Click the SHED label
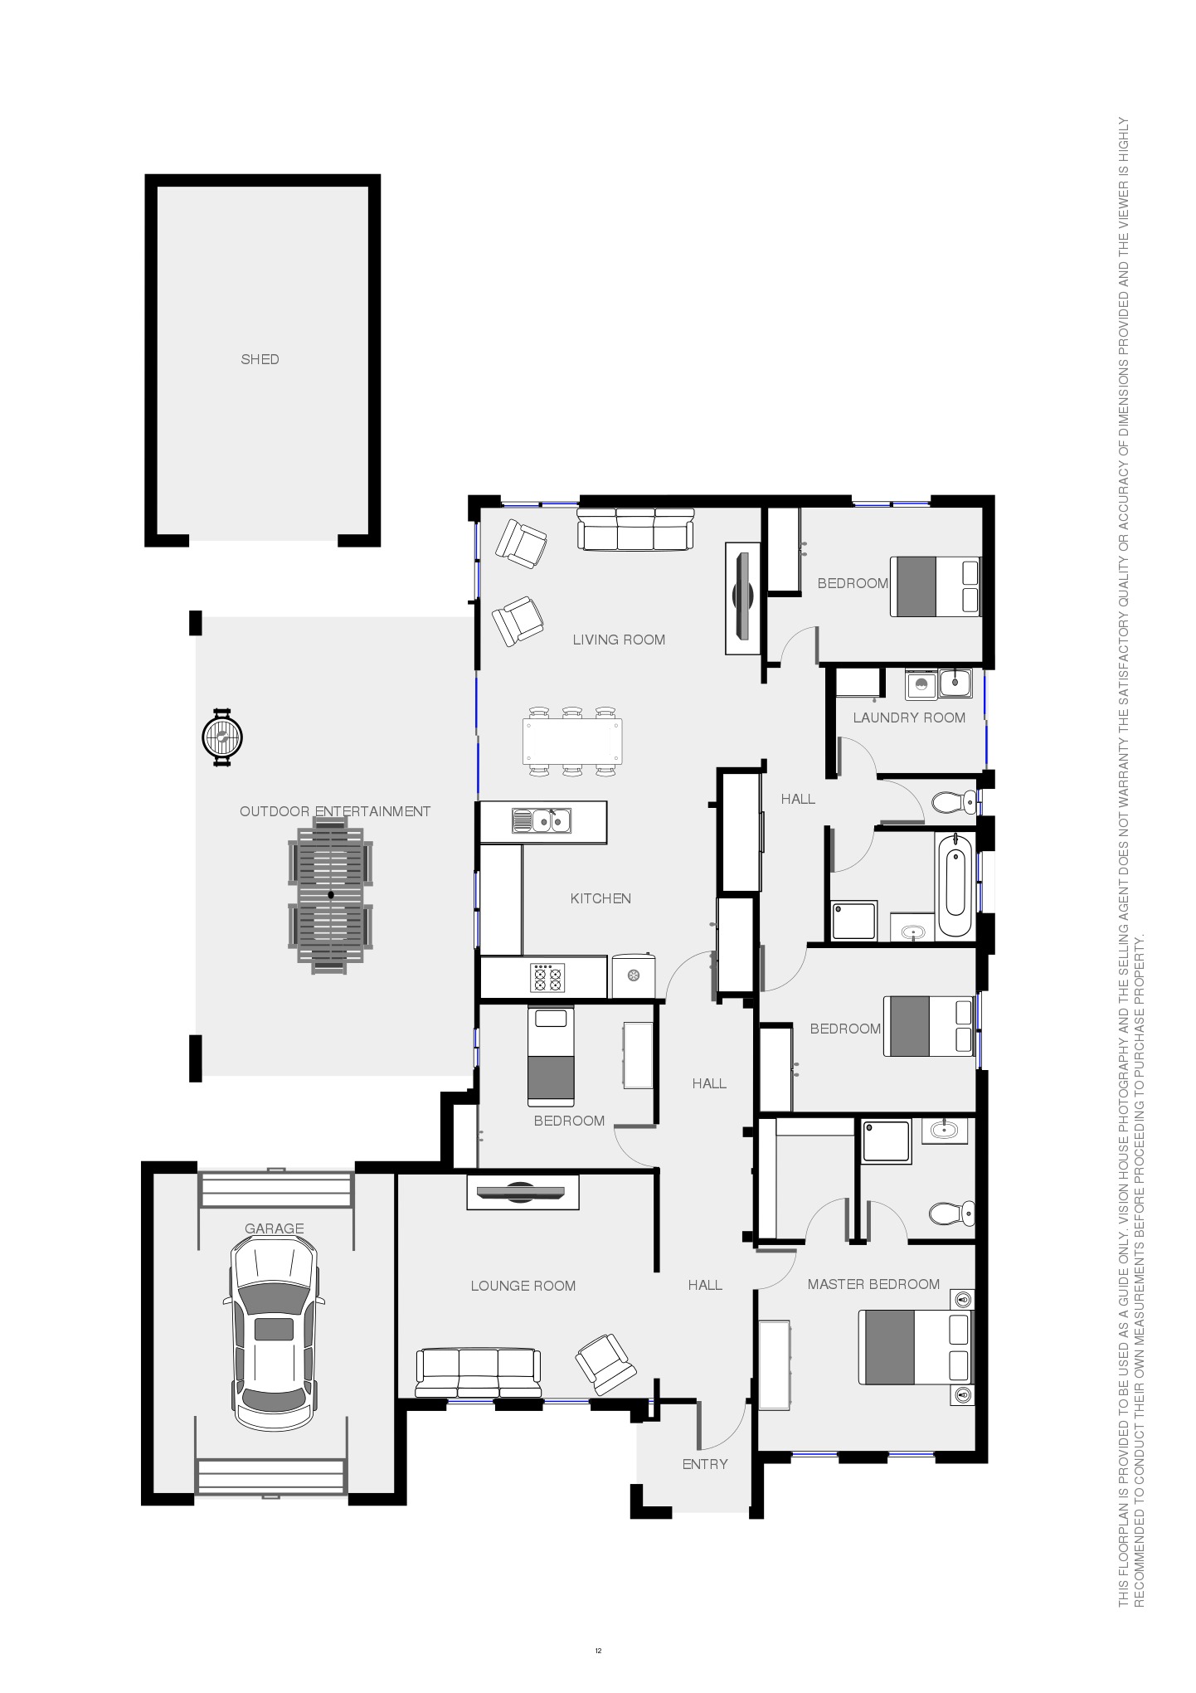coord(260,359)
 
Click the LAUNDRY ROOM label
coord(909,718)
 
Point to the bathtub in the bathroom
coord(955,885)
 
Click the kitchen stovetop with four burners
coord(547,977)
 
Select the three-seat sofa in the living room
coord(635,529)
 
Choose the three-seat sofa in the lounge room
coord(479,1374)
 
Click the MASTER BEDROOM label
coord(873,1284)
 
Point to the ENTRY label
coord(705,1464)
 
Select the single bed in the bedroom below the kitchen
coord(551,1056)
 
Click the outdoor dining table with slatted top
coord(330,895)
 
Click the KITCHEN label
coord(600,898)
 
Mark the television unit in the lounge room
coord(523,1192)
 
